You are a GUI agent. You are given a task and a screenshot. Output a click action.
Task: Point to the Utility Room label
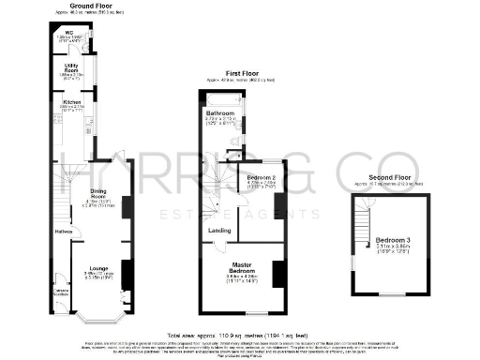tap(70, 68)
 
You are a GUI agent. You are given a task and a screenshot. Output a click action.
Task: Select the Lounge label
tap(98, 269)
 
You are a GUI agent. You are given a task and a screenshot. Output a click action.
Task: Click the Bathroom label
tap(220, 112)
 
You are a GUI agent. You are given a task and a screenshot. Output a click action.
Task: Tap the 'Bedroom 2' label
tap(260, 176)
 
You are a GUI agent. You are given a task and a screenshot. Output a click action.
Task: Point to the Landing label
tap(219, 230)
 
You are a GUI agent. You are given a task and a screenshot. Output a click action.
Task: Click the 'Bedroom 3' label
tap(392, 240)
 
